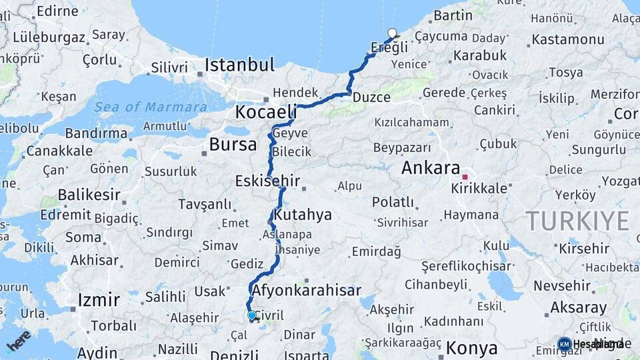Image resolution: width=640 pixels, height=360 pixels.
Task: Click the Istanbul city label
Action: [x=239, y=65]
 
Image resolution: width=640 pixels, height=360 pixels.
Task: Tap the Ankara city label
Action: [x=431, y=168]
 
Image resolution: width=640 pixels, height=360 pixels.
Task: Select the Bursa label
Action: [x=233, y=144]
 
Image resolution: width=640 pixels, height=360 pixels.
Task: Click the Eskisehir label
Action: [x=267, y=181]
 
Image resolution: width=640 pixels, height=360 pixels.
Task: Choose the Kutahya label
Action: [x=302, y=215]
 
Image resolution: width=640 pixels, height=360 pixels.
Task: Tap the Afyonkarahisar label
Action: [x=307, y=291]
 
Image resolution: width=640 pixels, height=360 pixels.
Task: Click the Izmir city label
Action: [x=99, y=300]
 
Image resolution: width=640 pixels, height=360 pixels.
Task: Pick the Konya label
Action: [x=471, y=348]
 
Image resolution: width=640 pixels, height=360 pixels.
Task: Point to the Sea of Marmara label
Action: [x=150, y=107]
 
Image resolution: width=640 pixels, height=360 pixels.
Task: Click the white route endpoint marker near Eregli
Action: [x=392, y=33]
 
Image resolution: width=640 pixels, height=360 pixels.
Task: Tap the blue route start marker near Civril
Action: [x=251, y=315]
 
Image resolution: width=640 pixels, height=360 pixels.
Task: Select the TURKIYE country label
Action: [x=577, y=221]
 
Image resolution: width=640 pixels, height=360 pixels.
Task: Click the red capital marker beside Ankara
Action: [x=465, y=177]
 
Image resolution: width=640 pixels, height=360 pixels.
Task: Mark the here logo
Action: [x=19, y=341]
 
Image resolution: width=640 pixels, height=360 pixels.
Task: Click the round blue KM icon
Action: [x=564, y=344]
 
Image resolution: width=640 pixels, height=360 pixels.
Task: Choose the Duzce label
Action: [x=371, y=97]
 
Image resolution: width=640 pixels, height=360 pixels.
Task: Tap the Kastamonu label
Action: [x=568, y=39]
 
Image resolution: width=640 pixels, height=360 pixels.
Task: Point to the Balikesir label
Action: [x=89, y=195]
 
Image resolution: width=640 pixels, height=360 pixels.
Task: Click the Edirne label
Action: [x=57, y=11]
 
